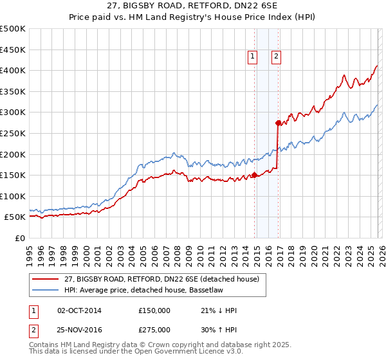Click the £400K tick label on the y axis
[x=13, y=71]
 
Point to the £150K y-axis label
[x=13, y=175]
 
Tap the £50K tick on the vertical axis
[x=15, y=217]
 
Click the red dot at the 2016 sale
[x=279, y=123]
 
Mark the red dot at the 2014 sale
[x=254, y=175]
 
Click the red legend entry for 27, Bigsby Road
[x=161, y=279]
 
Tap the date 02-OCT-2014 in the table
[x=79, y=310]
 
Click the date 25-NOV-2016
[x=79, y=330]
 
